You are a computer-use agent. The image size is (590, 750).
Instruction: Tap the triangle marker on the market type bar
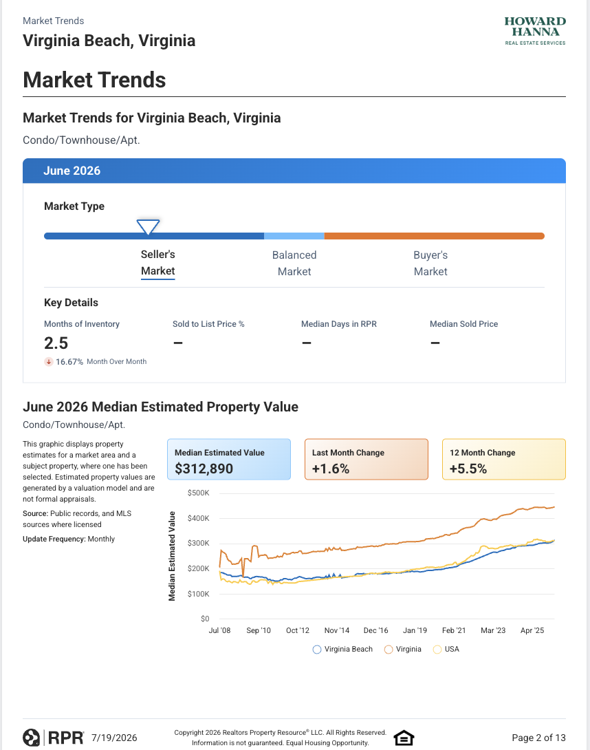point(149,227)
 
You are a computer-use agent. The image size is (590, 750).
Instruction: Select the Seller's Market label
point(157,263)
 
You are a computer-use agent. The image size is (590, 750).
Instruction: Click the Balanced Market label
point(294,263)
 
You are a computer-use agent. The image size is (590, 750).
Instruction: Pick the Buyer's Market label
point(430,263)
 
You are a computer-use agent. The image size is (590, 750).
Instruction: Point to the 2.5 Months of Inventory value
point(56,343)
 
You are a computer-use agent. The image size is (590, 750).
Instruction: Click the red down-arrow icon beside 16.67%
point(49,362)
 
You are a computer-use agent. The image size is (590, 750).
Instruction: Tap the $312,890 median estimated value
point(204,469)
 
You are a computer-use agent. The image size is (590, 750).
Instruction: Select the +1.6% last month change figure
point(331,469)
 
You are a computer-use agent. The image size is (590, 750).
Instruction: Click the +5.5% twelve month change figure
point(468,469)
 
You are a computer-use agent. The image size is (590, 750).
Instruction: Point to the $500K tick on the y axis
point(199,493)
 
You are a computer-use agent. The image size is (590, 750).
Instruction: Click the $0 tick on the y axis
point(205,619)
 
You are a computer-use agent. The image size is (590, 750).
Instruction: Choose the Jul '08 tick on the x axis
point(219,630)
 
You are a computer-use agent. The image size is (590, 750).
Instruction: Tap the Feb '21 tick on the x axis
point(454,630)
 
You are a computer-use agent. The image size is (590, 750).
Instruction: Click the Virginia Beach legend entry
point(342,649)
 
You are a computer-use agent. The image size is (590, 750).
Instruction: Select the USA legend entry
point(446,649)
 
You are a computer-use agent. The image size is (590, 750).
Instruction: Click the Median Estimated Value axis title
point(172,556)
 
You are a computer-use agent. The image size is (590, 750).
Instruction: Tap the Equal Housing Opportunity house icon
point(404,738)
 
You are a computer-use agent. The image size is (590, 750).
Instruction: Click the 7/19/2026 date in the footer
point(114,738)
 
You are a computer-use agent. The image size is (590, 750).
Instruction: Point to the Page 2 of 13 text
point(539,738)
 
